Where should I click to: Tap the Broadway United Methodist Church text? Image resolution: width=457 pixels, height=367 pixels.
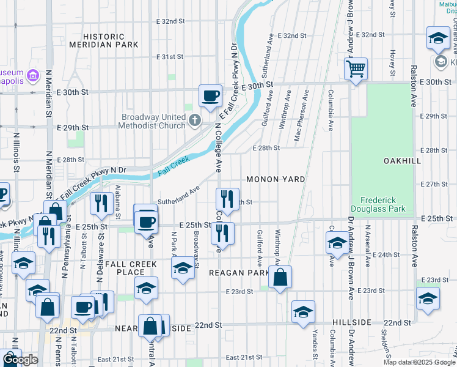click(x=153, y=122)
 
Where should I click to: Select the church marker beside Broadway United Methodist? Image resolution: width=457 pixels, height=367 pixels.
click(x=195, y=120)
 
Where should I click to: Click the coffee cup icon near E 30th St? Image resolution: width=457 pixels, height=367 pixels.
click(x=211, y=96)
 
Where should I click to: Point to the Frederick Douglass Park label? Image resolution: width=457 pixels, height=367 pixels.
click(x=383, y=204)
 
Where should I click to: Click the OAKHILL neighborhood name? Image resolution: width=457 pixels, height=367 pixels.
click(x=403, y=160)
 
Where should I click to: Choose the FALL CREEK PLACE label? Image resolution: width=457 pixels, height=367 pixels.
click(x=131, y=268)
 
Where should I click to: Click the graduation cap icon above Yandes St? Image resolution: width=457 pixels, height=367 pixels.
click(x=303, y=312)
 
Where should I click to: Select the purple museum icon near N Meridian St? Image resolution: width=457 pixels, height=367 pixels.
click(x=34, y=76)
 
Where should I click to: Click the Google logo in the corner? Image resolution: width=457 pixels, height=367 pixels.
click(x=21, y=360)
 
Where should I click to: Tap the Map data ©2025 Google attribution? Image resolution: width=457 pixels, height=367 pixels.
click(x=419, y=362)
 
